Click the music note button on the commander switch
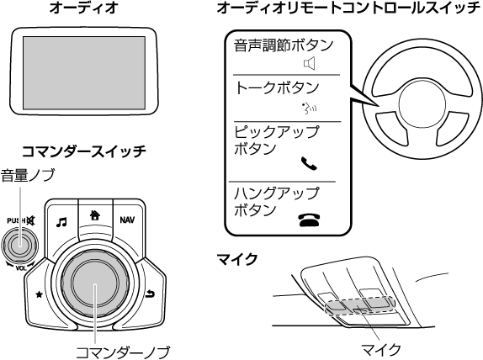pyautogui.click(x=61, y=222)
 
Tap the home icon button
pyautogui.click(x=95, y=215)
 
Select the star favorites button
pyautogui.click(x=39, y=294)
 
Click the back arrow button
pyautogui.click(x=150, y=294)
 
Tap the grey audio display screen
pyautogui.click(x=84, y=72)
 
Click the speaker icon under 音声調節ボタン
pyautogui.click(x=310, y=63)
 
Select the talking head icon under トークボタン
pyautogui.click(x=310, y=109)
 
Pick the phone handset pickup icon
pyautogui.click(x=309, y=163)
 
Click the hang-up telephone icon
pyautogui.click(x=309, y=220)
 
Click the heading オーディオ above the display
pyautogui.click(x=84, y=8)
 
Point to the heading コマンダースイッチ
pyautogui.click(x=84, y=151)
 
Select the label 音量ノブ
pyautogui.click(x=28, y=175)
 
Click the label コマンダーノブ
pyautogui.click(x=123, y=352)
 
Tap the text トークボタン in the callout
pyautogui.click(x=277, y=87)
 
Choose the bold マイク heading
pyautogui.click(x=237, y=259)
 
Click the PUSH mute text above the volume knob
pyautogui.click(x=21, y=220)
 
